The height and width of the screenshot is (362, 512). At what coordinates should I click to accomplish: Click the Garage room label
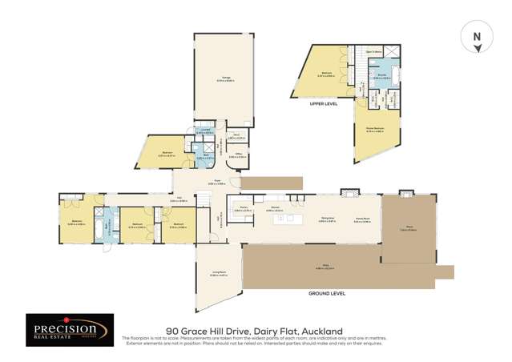pyautogui.click(x=227, y=78)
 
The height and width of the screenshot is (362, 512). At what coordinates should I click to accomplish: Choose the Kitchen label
pyautogui.click(x=274, y=208)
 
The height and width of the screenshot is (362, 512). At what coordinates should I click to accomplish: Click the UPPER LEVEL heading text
pyautogui.click(x=324, y=103)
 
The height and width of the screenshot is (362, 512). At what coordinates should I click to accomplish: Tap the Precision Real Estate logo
pyautogui.click(x=65, y=331)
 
